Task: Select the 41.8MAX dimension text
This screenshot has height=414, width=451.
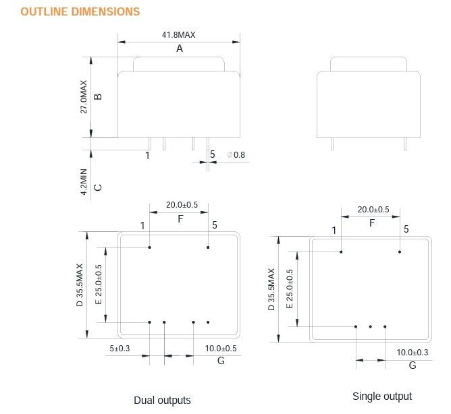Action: pyautogui.click(x=180, y=35)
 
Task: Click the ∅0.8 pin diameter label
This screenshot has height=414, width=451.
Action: pyautogui.click(x=237, y=155)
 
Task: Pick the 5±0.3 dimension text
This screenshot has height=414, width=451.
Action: pyautogui.click(x=120, y=349)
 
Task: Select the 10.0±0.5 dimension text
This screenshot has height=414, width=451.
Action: pyautogui.click(x=221, y=349)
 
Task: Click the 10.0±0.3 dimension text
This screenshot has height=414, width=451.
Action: pyautogui.click(x=413, y=353)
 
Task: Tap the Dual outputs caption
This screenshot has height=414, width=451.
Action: pyautogui.click(x=162, y=400)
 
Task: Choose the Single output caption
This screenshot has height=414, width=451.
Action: pyautogui.click(x=382, y=396)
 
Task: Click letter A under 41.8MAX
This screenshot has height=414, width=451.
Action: pyautogui.click(x=180, y=49)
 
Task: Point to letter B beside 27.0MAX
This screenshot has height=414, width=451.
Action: pyautogui.click(x=98, y=96)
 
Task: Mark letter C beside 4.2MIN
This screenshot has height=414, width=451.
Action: pyautogui.click(x=98, y=187)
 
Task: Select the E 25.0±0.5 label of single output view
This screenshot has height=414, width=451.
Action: pyautogui.click(x=290, y=289)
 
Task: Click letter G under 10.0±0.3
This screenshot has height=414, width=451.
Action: pyautogui.click(x=412, y=365)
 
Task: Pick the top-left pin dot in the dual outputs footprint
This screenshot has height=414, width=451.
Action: pyautogui.click(x=150, y=247)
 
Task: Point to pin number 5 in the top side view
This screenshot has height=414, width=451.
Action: pyautogui.click(x=212, y=155)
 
